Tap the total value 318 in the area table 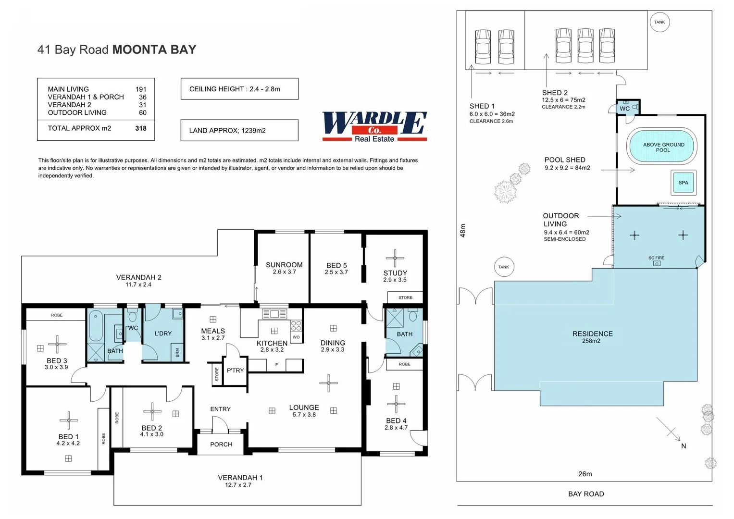coord(141,128)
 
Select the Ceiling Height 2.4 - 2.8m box coord(239,89)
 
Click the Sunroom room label coord(284,265)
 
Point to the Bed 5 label coord(336,265)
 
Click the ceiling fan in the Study coord(395,258)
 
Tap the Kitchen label coord(272,343)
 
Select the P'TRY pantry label coord(235,371)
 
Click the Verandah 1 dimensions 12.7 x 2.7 coord(238,485)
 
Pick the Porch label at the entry coord(221,445)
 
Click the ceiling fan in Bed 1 coord(69,420)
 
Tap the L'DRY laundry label coord(163,334)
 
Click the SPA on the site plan coord(683,183)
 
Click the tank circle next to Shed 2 coord(659,22)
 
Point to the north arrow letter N coord(684,446)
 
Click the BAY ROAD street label coord(586,494)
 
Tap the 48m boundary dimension coord(463,230)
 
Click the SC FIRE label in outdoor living coord(656,258)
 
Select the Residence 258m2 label coord(592,337)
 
